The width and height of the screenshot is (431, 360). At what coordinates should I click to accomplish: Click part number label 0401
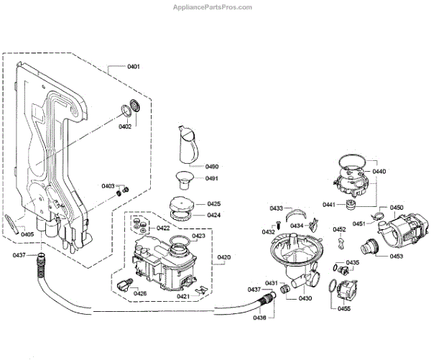[134, 67]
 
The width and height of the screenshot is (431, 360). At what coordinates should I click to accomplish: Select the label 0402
[125, 126]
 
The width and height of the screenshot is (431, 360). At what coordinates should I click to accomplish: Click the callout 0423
[199, 236]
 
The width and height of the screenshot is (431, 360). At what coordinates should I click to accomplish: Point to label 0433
[277, 208]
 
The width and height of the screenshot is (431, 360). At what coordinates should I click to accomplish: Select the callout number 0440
[379, 171]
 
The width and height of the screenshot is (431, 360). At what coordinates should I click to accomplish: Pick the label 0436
[260, 318]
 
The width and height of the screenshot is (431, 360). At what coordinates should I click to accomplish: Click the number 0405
[27, 234]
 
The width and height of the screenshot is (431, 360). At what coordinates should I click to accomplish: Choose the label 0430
[306, 297]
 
